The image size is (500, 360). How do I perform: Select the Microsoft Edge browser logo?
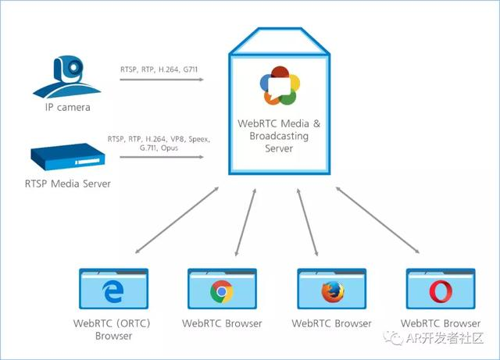[x=112, y=292]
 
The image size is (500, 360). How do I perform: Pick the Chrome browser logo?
[x=222, y=292]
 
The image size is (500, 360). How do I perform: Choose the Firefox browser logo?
[x=331, y=292]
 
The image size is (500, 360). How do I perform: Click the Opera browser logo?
[x=440, y=292]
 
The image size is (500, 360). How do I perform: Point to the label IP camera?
[x=67, y=107]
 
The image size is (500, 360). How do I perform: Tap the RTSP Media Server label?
[x=68, y=184]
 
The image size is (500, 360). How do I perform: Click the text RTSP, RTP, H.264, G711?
[x=160, y=69]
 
